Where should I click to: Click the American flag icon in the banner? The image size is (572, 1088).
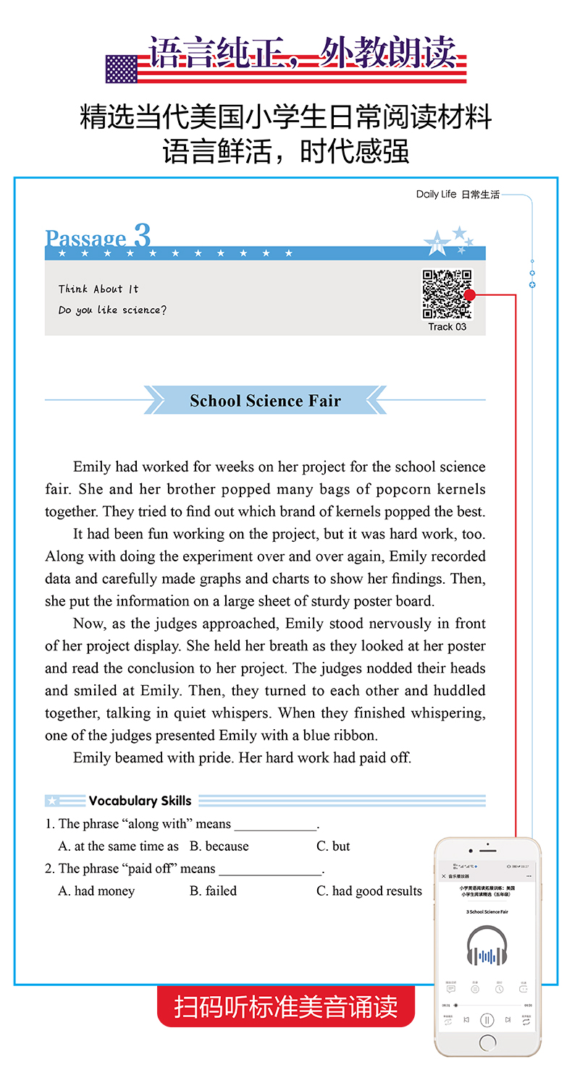(121, 69)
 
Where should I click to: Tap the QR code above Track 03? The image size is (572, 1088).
(447, 294)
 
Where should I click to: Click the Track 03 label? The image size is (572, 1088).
(447, 327)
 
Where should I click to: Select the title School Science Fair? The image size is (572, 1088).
(265, 401)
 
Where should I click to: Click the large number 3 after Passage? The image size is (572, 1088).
(142, 236)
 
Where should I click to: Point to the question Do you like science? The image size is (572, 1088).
(112, 310)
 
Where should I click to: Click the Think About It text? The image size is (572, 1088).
(98, 289)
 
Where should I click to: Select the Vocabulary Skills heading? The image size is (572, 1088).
(140, 801)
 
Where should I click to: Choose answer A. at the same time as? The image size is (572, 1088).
(118, 846)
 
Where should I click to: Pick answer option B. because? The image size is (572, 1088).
(219, 846)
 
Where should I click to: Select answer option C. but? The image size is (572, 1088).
(333, 846)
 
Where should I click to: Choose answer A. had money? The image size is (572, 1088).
(96, 891)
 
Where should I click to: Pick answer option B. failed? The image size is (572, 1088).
(213, 891)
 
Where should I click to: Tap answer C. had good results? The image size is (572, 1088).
(369, 891)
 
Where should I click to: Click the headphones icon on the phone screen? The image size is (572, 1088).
(487, 946)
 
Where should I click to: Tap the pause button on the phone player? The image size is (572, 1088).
(487, 1020)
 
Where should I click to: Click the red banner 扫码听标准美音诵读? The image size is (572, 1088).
(286, 1006)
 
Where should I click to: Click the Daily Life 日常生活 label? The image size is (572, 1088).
(458, 195)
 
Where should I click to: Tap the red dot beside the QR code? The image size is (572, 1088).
(470, 294)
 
